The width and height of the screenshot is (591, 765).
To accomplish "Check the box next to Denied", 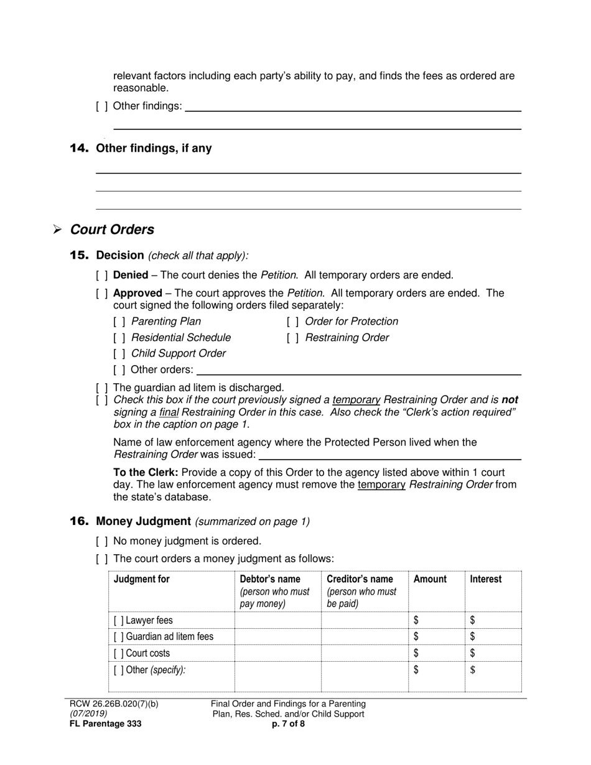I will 102,276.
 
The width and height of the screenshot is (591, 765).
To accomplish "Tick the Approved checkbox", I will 102,293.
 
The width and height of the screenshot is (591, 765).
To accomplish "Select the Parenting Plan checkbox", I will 119,322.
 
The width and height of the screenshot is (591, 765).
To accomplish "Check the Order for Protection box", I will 293,322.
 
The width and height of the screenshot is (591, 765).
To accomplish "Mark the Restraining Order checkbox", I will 293,338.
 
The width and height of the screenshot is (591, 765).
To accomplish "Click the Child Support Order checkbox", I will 119,354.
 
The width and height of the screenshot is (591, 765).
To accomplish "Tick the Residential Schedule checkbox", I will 119,338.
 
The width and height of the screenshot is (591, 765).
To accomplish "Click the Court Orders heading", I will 112,229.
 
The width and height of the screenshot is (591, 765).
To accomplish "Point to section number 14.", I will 79,148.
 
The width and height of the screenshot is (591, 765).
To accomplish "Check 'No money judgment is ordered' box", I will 102,542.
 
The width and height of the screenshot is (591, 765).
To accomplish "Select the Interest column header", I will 485,579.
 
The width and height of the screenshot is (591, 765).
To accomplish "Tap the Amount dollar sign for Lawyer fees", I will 416,620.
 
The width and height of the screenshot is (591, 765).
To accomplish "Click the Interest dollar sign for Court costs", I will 473,653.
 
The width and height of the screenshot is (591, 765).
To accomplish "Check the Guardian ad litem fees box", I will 119,637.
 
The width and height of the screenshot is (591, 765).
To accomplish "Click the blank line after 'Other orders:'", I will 358,371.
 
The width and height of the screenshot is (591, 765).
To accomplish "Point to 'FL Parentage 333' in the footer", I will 105,724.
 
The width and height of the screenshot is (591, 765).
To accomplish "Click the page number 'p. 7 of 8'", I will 288,724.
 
